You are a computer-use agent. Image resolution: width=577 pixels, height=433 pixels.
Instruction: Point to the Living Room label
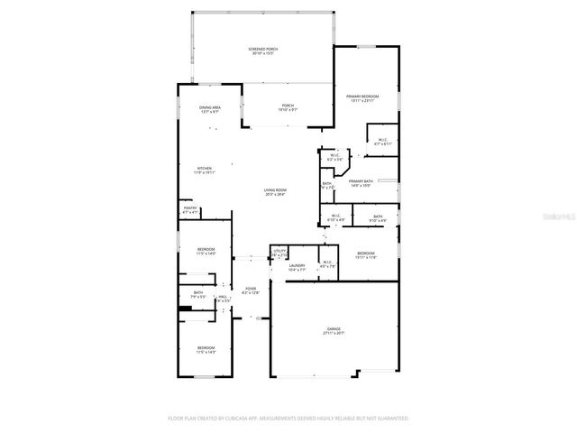tap(275, 192)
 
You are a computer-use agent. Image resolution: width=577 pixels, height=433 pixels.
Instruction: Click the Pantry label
tap(189, 210)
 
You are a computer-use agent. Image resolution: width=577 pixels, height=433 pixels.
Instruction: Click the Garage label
tap(334, 331)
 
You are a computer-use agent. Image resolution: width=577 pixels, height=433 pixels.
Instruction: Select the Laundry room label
tap(298, 266)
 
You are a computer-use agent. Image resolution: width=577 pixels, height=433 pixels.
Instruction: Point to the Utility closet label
tap(279, 253)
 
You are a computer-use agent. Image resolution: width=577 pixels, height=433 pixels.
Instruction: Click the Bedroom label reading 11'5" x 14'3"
tap(206, 349)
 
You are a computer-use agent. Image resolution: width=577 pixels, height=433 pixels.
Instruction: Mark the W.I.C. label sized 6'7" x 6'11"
tap(382, 142)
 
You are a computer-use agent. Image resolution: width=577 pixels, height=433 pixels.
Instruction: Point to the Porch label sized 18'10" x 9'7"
tap(288, 107)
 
